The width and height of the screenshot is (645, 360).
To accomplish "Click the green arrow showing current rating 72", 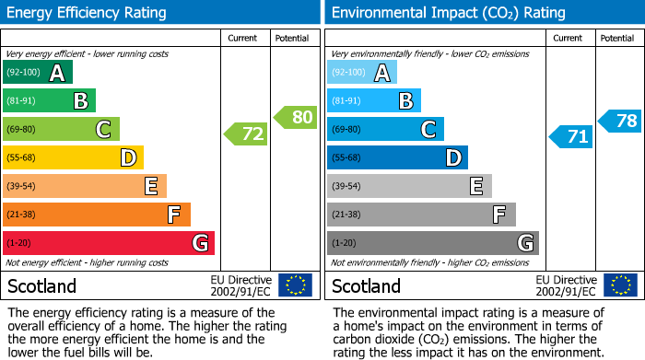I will pyautogui.click(x=246, y=134).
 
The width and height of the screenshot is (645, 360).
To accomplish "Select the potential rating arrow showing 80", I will pyautogui.click(x=295, y=117).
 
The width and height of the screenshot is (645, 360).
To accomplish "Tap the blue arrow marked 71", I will pyautogui.click(x=571, y=137).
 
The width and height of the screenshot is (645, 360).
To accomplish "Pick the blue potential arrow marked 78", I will pyautogui.click(x=620, y=121).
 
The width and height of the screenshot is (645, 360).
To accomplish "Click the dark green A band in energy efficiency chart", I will pyautogui.click(x=37, y=73).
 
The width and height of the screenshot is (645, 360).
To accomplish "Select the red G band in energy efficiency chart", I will pyautogui.click(x=109, y=243).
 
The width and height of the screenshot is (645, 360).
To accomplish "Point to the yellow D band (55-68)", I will pyautogui.click(x=73, y=158).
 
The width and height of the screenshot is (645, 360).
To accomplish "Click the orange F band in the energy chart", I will pyautogui.click(x=97, y=215).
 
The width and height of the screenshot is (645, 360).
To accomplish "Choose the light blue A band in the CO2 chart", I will pyautogui.click(x=361, y=73).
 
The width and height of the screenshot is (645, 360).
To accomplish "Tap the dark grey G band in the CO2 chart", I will pyautogui.click(x=432, y=243).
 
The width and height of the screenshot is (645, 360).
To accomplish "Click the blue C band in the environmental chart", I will pyautogui.click(x=385, y=130).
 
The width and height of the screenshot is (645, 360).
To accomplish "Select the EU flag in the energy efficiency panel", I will pyautogui.click(x=295, y=285).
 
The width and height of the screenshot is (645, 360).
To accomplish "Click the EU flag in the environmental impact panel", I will pyautogui.click(x=620, y=285).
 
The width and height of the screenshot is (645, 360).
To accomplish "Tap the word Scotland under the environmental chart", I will pyautogui.click(x=367, y=285).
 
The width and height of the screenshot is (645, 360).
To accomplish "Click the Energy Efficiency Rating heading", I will pyautogui.click(x=88, y=13).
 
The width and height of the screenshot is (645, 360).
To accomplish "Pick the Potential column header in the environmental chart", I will pyautogui.click(x=617, y=38).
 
